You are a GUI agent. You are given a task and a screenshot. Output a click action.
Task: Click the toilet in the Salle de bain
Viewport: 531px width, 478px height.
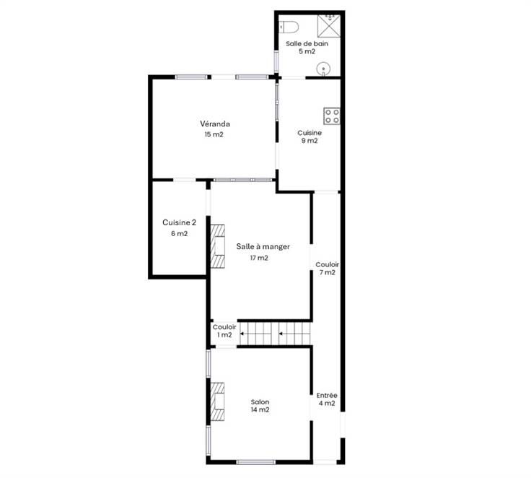(289, 27)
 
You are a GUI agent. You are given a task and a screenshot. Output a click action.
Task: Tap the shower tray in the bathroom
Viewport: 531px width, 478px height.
(329, 26)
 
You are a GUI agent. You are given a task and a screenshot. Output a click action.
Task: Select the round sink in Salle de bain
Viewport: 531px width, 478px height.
(323, 69)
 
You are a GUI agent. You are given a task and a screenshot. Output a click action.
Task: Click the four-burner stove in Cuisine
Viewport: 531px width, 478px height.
(332, 116)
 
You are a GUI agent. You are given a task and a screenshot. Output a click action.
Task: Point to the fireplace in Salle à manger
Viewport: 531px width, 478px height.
(218, 246)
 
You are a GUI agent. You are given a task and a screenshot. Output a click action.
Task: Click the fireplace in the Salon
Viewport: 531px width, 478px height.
(218, 401)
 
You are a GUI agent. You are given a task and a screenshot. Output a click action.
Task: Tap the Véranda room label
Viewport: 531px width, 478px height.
(215, 124)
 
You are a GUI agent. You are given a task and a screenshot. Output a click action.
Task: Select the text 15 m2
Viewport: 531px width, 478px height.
(214, 134)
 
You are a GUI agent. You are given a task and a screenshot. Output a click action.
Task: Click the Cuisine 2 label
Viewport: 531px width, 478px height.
(179, 222)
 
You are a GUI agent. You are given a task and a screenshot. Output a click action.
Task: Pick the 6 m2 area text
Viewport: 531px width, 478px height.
(179, 233)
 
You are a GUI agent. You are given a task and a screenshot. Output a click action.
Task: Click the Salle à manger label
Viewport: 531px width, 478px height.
(263, 247)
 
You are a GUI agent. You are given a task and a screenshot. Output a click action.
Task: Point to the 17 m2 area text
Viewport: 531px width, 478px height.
(259, 258)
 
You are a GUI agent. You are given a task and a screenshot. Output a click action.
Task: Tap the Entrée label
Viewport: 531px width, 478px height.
(327, 395)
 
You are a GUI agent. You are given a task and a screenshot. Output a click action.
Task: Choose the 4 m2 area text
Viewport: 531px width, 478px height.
(327, 404)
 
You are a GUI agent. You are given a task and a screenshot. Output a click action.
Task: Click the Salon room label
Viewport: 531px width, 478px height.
(260, 402)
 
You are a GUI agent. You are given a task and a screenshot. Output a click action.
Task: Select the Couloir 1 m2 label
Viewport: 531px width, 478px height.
(224, 331)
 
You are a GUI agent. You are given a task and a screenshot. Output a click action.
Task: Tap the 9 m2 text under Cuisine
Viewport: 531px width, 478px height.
(310, 141)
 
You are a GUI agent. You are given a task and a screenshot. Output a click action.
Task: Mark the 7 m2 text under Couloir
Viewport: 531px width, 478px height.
(327, 272)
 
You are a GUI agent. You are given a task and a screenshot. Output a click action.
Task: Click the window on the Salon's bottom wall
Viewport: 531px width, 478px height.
(256, 462)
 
